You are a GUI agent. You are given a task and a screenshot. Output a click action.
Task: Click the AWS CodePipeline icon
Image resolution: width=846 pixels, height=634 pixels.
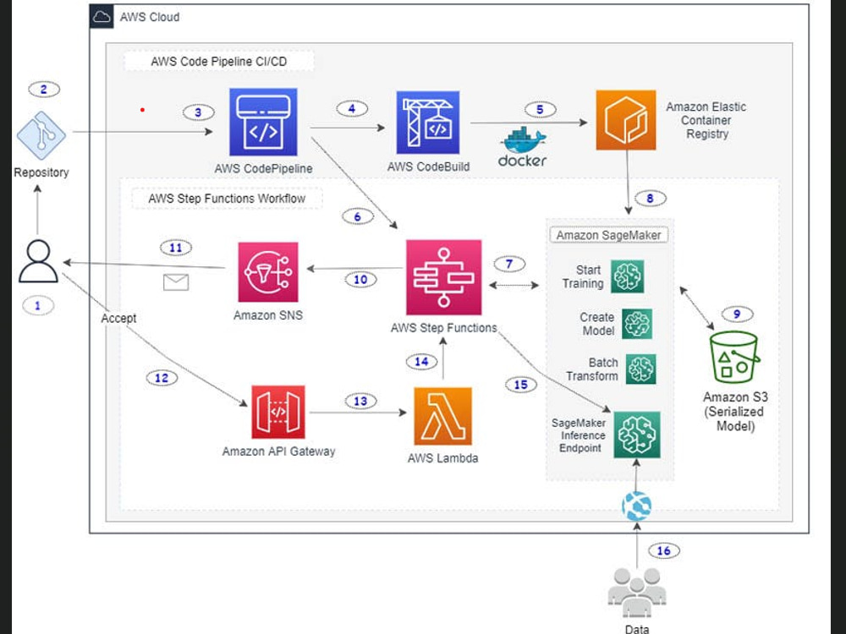(263, 123)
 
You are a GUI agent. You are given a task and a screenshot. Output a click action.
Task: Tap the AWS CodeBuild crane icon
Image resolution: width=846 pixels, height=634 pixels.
(428, 123)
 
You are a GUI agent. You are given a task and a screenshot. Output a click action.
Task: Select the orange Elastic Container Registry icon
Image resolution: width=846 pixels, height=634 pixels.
(626, 120)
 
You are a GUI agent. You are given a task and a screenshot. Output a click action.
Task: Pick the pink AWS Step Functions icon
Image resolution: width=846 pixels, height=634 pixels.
(443, 277)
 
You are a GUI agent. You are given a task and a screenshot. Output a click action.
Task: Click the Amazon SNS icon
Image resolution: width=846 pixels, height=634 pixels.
(268, 272)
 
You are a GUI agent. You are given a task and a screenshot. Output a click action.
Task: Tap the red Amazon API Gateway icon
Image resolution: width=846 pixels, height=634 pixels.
(277, 412)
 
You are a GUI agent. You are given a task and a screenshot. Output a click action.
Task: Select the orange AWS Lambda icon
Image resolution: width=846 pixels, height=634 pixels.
(443, 416)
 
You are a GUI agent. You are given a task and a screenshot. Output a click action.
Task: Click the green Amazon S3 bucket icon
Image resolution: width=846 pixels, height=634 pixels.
(733, 357)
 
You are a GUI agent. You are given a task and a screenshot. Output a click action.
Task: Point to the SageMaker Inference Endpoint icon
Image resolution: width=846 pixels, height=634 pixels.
(637, 435)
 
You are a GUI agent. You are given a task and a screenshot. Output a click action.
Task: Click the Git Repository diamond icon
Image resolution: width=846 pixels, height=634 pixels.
(41, 135)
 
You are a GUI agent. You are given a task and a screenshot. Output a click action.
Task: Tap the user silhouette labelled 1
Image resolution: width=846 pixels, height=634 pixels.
(38, 261)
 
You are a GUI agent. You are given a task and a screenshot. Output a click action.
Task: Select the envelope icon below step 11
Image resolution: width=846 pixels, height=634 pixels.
(176, 282)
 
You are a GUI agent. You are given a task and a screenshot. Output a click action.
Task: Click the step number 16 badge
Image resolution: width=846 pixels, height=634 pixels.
(663, 550)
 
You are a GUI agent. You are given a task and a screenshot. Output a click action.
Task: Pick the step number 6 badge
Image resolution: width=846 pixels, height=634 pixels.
(357, 216)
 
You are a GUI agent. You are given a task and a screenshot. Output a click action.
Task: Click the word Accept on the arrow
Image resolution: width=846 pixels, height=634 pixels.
(118, 318)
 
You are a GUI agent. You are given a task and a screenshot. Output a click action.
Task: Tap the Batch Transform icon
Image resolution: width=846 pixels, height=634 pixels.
(641, 369)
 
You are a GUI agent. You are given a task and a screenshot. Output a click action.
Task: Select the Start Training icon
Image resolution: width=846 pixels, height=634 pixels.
(627, 276)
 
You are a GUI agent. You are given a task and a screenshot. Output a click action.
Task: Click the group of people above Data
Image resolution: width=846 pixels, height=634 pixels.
(637, 592)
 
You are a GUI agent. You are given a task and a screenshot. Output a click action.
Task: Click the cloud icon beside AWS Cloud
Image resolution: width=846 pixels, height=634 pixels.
(102, 17)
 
